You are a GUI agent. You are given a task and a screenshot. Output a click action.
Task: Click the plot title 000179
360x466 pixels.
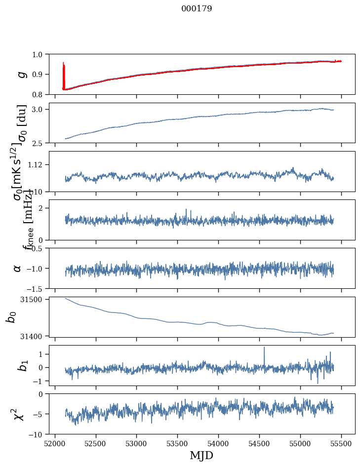[x=197, y=9]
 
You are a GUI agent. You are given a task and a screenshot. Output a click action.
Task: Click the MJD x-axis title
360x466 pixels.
[x=201, y=456]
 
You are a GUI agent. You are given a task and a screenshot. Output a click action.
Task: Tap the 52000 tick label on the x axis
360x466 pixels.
[x=55, y=443]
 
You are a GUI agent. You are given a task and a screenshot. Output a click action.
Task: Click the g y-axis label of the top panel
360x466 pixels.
[x=21, y=74]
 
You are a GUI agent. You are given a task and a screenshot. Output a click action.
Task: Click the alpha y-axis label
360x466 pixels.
[x=18, y=268]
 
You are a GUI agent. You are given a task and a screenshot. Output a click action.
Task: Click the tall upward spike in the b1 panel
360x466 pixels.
[x=264, y=348]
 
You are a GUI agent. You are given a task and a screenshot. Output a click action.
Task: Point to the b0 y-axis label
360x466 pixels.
[x=11, y=317]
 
